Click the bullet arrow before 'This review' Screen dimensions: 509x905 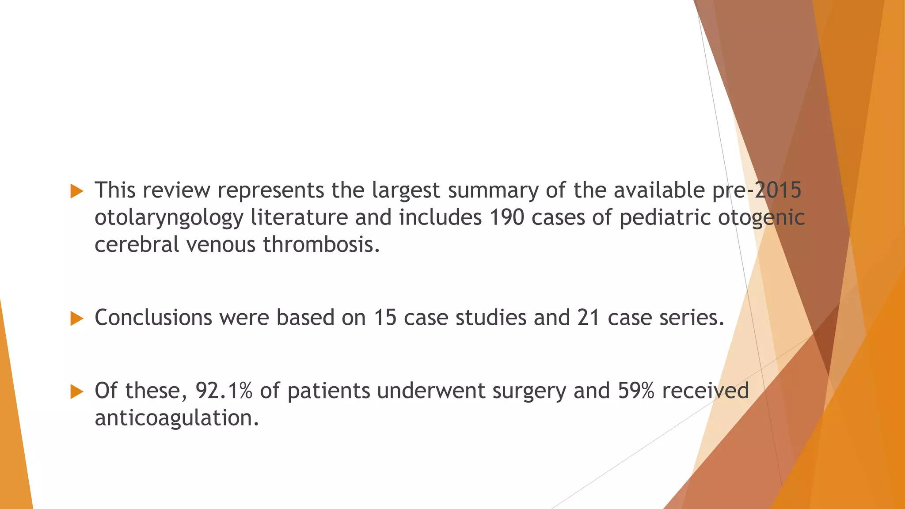pyautogui.click(x=77, y=191)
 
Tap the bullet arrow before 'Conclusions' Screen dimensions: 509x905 pyautogui.click(x=77, y=318)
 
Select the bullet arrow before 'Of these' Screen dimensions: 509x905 pyautogui.click(x=77, y=391)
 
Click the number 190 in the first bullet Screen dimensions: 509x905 pyautogui.click(x=507, y=217)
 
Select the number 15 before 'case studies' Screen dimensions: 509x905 pyautogui.click(x=385, y=318)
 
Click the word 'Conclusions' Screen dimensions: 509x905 pyautogui.click(x=153, y=318)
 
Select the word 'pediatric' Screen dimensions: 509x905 pyautogui.click(x=665, y=218)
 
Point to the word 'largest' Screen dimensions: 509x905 pyautogui.click(x=406, y=191)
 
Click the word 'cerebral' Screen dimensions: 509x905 pyautogui.click(x=137, y=244)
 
